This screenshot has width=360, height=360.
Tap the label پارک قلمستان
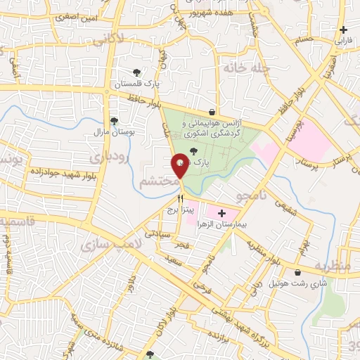[139, 84]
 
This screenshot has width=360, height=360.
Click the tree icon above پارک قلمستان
[137, 72]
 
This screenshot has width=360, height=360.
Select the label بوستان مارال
[110, 131]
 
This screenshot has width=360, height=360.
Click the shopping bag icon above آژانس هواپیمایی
[212, 112]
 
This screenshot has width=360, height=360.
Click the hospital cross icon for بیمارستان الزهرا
[222, 213]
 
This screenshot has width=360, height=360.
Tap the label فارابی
[344, 41]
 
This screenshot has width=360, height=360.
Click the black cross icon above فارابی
[343, 30]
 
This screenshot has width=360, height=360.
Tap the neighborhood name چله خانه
[241, 68]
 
